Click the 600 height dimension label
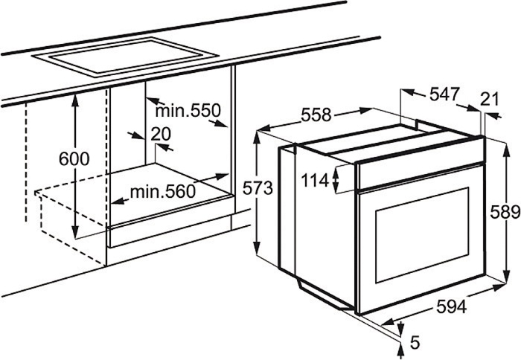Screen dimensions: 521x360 (x=74, y=158)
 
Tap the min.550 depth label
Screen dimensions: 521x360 (x=188, y=111)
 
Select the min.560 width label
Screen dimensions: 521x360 (x=162, y=192)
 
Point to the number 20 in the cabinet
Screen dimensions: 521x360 (x=161, y=134)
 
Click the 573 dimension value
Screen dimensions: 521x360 (x=258, y=188)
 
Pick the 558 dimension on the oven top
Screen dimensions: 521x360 (x=316, y=115)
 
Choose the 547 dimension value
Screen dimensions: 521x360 (x=444, y=94)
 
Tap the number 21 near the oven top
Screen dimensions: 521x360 (x=490, y=100)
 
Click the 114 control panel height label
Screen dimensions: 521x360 (x=314, y=181)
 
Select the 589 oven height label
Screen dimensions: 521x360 (x=505, y=212)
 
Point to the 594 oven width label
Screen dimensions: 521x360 (x=451, y=306)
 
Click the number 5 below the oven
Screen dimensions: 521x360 (x=415, y=343)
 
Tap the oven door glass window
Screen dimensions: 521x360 (x=422, y=235)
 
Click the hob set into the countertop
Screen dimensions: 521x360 (x=126, y=57)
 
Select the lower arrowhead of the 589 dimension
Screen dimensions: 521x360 (x=506, y=276)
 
